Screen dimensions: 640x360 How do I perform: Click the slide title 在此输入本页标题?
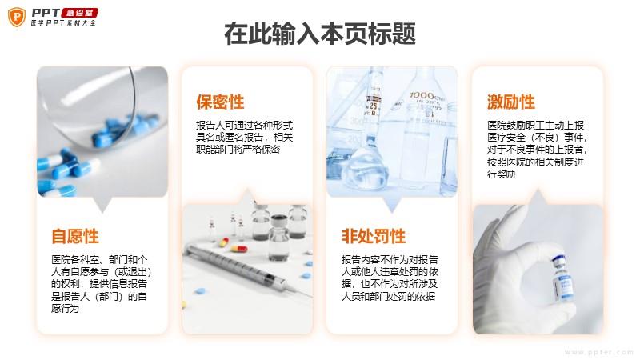pyautogui.click(x=320, y=34)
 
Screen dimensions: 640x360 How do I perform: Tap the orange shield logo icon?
pyautogui.click(x=17, y=17)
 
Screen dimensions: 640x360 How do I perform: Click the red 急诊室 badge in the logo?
pyautogui.click(x=79, y=13)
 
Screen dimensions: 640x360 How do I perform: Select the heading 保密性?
pyautogui.click(x=220, y=102)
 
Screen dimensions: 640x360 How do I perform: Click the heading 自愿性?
pyautogui.click(x=75, y=236)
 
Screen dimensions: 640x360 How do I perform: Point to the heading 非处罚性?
pyautogui.click(x=374, y=236)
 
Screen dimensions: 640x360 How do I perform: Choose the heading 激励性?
pyautogui.click(x=510, y=102)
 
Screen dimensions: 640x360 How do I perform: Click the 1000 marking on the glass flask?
pyautogui.click(x=422, y=95)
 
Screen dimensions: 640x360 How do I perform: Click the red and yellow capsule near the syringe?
pyautogui.click(x=239, y=248)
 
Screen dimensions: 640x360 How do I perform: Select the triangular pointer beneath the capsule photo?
pyautogui.click(x=102, y=205)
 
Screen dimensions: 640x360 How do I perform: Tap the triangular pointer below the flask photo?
pyautogui.click(x=392, y=205)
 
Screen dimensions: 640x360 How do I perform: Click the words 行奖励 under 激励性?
pyautogui.click(x=502, y=174)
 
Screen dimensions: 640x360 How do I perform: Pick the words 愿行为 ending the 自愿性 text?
pyautogui.click(x=66, y=309)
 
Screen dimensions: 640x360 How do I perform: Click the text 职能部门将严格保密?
pyautogui.click(x=238, y=150)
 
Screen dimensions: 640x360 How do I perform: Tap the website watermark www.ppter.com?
pyautogui.click(x=599, y=352)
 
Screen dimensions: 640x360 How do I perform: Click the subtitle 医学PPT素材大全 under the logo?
pyautogui.click(x=64, y=23)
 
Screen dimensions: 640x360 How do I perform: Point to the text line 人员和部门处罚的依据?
pyautogui.click(x=389, y=296)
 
